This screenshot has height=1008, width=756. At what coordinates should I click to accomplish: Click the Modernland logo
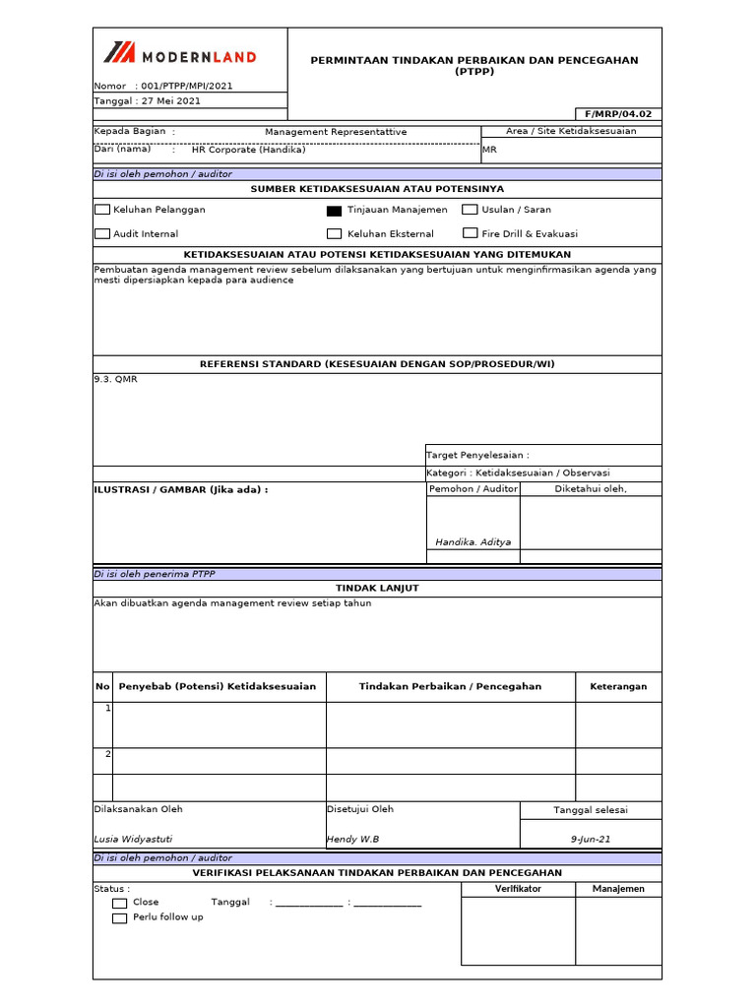[x=180, y=55]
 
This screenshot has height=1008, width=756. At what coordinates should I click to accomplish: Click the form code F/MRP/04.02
[x=618, y=114]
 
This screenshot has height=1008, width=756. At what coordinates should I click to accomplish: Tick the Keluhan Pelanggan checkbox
[x=102, y=210]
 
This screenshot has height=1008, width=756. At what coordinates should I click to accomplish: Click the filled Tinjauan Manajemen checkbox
[x=334, y=210]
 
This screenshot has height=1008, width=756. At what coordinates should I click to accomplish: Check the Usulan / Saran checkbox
[x=470, y=210]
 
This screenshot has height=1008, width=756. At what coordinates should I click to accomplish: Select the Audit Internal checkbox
[x=102, y=234]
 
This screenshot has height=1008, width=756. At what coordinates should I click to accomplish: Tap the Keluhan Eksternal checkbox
[x=334, y=234]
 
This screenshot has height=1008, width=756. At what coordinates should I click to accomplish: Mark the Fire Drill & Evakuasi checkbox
[x=470, y=234]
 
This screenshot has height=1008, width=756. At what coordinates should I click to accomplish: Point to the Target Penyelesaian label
[x=477, y=455]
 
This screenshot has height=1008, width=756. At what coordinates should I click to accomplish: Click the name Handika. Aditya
[x=472, y=542]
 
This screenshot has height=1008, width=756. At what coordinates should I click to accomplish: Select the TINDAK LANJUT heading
[x=377, y=588]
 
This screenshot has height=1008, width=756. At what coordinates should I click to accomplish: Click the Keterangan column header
[x=618, y=686]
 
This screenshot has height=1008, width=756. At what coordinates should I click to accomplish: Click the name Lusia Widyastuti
[x=133, y=839]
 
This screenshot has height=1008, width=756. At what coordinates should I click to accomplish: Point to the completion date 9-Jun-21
[x=591, y=839]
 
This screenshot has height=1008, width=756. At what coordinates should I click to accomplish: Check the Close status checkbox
[x=119, y=903]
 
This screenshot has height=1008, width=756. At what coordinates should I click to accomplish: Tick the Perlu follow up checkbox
[x=119, y=917]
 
